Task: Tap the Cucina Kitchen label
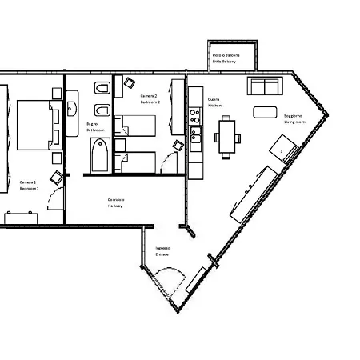click(214, 102)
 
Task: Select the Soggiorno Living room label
click(292, 118)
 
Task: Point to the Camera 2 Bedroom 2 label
click(150, 98)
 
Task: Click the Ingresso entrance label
click(162, 251)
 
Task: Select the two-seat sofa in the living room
click(264, 86)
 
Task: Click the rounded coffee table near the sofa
click(264, 111)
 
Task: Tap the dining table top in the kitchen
click(228, 130)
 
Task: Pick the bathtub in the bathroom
click(99, 155)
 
